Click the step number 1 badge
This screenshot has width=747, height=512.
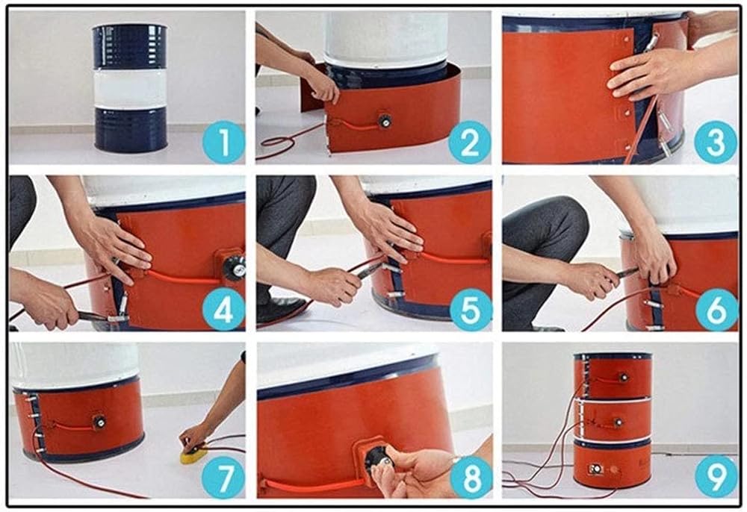coord(223,143)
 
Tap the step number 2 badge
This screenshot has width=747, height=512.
coord(469,143)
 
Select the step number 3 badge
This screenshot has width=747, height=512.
coord(716,143)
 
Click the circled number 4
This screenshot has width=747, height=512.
coord(223,310)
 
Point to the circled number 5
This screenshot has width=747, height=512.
coord(470,310)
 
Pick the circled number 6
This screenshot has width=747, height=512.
coord(716,310)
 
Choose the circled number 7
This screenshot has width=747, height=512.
coord(223,476)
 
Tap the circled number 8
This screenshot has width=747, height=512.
coord(470,476)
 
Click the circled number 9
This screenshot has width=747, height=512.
coord(716,476)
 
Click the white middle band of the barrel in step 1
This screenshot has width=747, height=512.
coord(129,88)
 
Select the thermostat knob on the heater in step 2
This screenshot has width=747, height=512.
coord(384,121)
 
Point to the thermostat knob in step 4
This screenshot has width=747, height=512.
coord(235,268)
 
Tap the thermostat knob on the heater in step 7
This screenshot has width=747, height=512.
coord(99,422)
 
